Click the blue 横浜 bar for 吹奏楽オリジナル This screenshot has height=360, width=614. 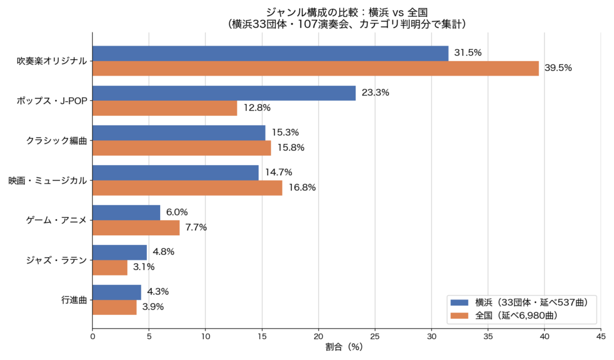(270, 53)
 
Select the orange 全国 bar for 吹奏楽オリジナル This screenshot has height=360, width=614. (315, 68)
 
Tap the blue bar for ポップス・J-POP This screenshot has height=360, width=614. (224, 93)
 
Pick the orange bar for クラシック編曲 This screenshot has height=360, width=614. (182, 148)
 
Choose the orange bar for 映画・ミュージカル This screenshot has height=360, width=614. (188, 188)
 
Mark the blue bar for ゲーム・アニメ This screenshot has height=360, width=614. (127, 213)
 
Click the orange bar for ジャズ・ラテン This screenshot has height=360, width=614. (110, 268)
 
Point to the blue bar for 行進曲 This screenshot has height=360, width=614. (117, 292)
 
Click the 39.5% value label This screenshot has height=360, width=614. (558, 68)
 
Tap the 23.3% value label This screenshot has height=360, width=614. (375, 92)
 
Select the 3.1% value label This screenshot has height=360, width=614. (144, 267)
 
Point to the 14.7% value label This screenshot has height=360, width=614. (278, 172)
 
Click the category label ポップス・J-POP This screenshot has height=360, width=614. (52, 101)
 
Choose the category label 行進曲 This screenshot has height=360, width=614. (74, 300)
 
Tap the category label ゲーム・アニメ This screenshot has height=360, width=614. (56, 220)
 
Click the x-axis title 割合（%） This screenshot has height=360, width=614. (344, 347)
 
